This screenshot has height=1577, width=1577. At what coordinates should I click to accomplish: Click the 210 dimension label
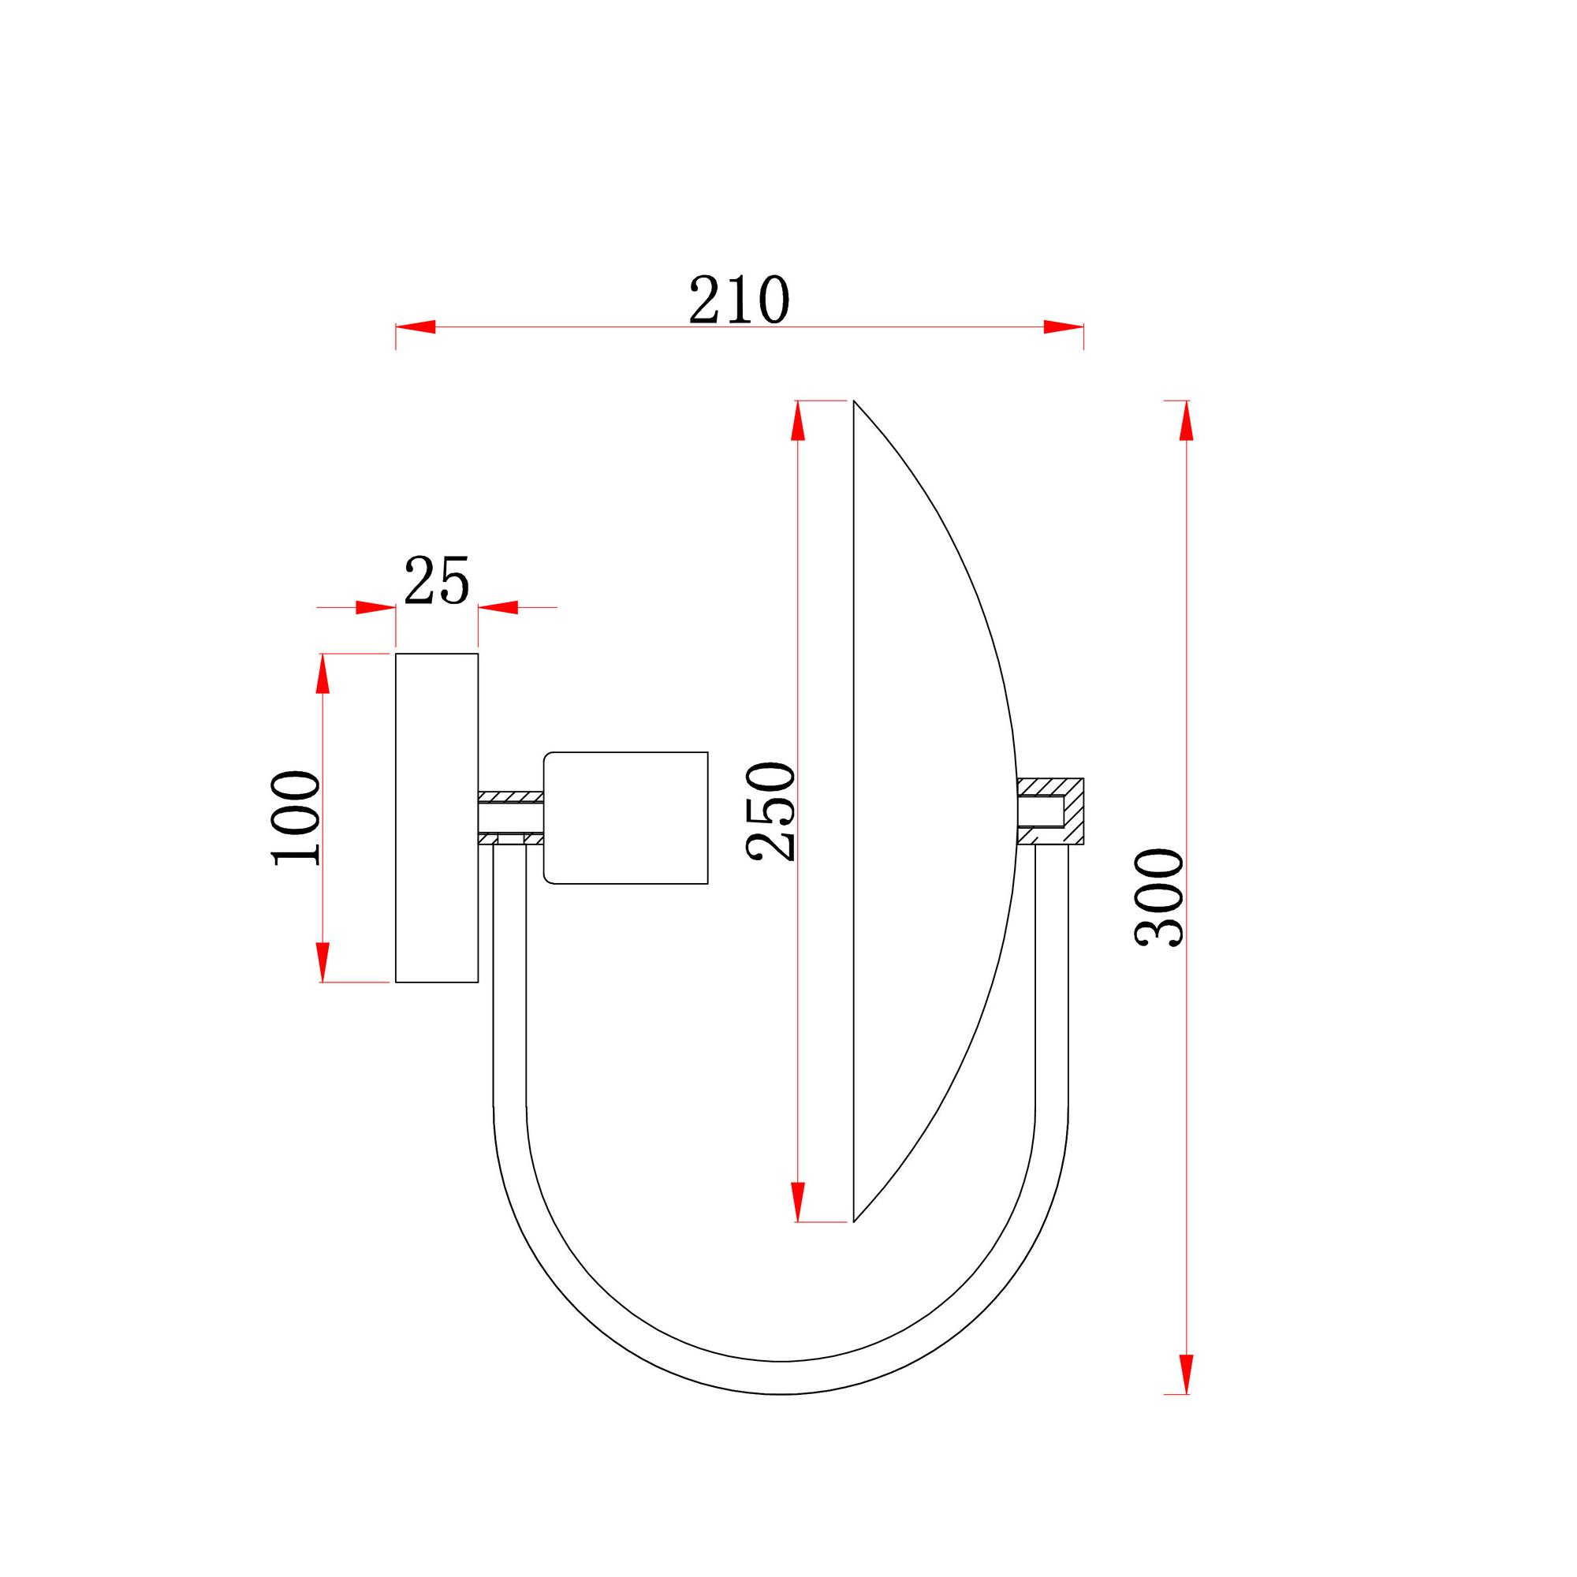(x=740, y=300)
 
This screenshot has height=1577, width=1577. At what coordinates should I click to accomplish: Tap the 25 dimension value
(x=437, y=580)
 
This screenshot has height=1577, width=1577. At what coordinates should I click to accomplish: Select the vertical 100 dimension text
(x=296, y=818)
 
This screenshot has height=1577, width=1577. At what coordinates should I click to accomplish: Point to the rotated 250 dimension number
(x=770, y=811)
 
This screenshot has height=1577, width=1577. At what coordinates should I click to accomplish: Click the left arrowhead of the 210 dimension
(x=416, y=327)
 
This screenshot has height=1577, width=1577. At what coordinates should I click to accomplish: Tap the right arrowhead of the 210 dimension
(x=1064, y=327)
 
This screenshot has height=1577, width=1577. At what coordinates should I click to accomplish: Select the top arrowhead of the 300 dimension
(x=1187, y=420)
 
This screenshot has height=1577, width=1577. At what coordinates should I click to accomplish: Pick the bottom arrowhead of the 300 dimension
(x=1187, y=1374)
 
